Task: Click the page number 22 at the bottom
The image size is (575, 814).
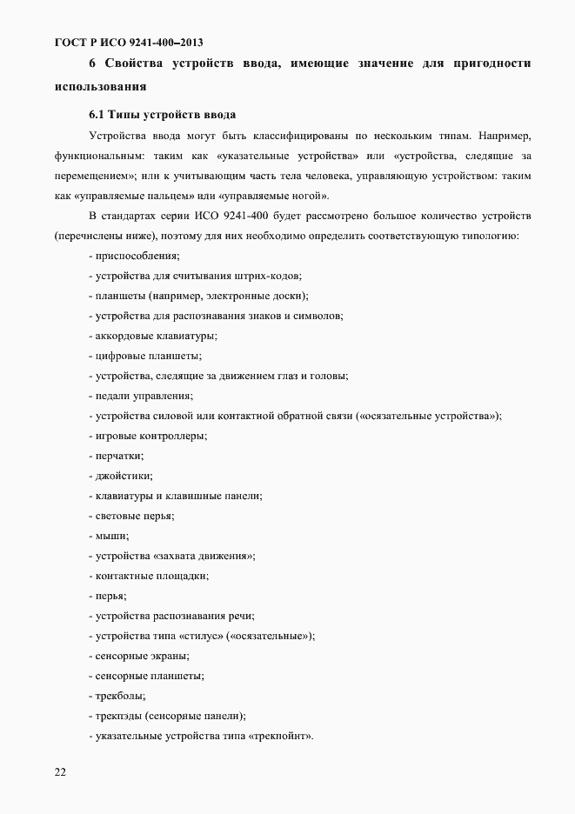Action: tap(59, 771)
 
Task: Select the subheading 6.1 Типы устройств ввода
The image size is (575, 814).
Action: tap(163, 115)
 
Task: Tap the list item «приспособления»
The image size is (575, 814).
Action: tap(137, 256)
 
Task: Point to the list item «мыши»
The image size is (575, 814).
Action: tap(111, 536)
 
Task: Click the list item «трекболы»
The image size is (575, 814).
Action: tap(120, 696)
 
